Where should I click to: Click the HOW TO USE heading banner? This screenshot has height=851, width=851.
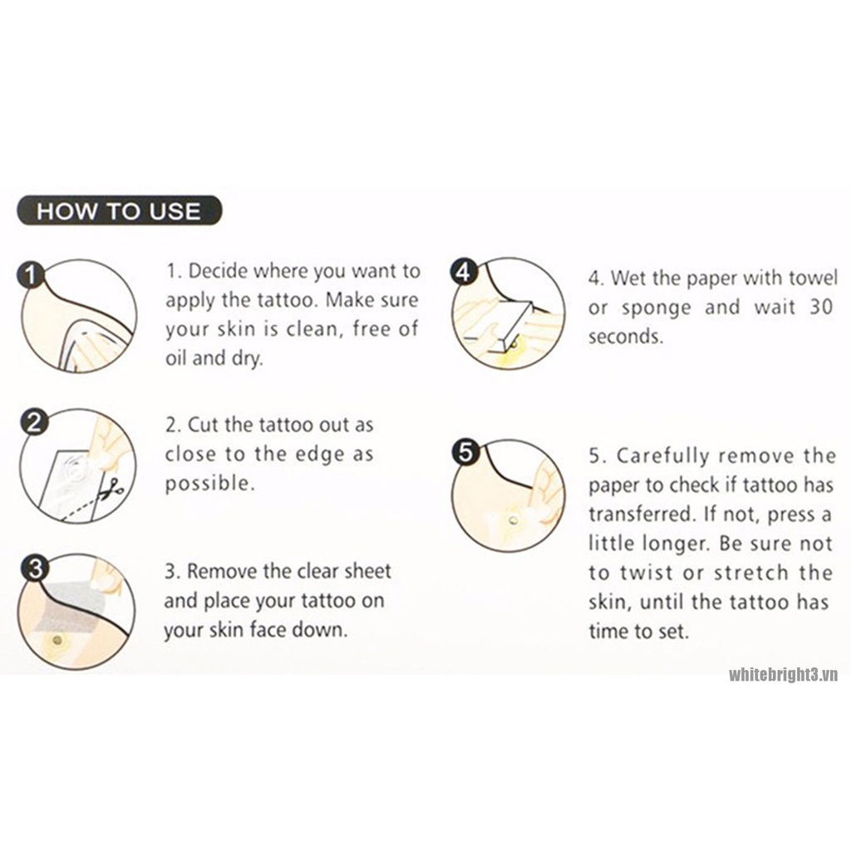120,210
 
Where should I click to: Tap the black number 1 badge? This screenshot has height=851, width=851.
31,274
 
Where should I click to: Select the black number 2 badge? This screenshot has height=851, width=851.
33,422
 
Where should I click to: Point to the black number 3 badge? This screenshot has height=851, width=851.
34,568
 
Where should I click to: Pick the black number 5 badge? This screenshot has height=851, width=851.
465,452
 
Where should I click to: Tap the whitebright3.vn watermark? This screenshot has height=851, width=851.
783,675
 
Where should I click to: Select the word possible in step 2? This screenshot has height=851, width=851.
209,484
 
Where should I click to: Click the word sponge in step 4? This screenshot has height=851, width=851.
657,308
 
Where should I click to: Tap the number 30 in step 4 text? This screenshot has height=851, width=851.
821,307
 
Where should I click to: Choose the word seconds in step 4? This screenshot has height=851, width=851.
626,337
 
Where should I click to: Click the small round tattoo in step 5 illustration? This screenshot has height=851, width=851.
513,521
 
